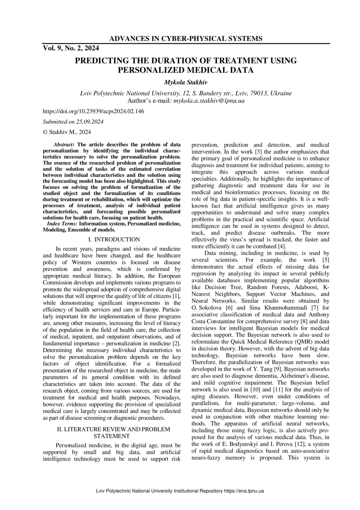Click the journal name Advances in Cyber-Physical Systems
click(186, 39)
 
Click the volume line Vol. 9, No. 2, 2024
click(68, 48)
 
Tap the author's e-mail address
click(209, 100)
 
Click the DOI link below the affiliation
click(93, 111)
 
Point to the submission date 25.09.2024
click(89, 122)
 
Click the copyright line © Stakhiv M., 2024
click(67, 132)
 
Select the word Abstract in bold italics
click(63, 145)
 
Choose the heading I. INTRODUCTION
click(114, 239)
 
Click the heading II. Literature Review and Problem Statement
click(113, 433)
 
